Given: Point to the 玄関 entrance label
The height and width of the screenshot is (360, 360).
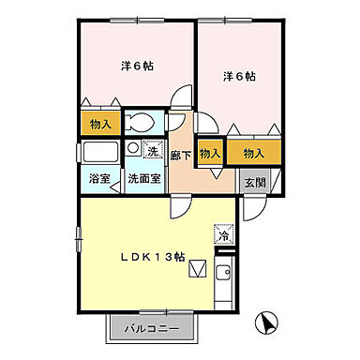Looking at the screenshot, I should tap(254, 182).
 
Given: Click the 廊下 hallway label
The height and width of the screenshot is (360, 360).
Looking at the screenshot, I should tap(181, 159).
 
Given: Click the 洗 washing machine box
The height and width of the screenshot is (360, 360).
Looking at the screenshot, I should tap(151, 150).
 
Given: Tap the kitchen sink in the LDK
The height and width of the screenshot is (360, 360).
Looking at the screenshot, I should tap(225, 274).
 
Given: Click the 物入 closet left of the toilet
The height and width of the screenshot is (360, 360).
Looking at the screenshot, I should tap(97, 123).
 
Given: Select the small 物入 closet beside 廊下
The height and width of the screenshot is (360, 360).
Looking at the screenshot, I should tap(211, 153).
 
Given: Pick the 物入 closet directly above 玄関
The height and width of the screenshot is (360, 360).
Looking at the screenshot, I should tap(253, 152).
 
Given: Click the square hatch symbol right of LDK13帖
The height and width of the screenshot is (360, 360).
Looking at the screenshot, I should tap(196, 270).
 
